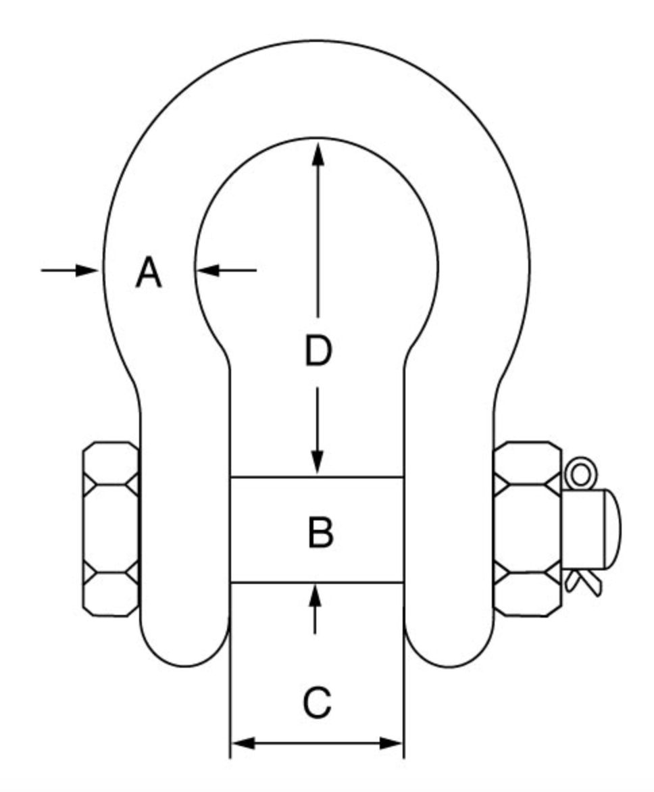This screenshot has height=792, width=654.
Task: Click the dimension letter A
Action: click(x=149, y=274)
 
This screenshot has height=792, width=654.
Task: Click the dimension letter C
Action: click(x=317, y=702)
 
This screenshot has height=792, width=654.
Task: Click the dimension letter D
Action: click(x=318, y=351)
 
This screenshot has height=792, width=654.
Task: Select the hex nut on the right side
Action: click(x=528, y=528)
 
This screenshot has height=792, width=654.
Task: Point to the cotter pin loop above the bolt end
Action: click(x=579, y=474)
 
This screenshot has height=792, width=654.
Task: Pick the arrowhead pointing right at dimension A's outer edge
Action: click(x=88, y=270)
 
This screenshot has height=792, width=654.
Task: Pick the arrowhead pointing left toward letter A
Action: click(x=210, y=270)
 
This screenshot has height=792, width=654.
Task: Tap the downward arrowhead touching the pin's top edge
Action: click(x=318, y=463)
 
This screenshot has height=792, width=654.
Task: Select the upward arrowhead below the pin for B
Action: click(x=315, y=595)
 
